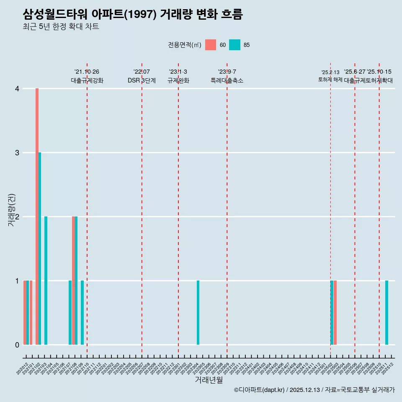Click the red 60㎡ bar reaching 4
pos(37,216)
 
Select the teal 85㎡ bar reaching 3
pos(40,249)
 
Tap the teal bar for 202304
pos(198,313)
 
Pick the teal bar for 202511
pos(387,313)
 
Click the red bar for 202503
pos(335,313)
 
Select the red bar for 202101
pos(31,313)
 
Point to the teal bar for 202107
pos(70,313)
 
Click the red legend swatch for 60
pos(211,45)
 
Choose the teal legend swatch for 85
pos(235,45)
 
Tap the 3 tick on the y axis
pos(17,153)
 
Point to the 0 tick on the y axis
pos(17,345)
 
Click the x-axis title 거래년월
pos(209,380)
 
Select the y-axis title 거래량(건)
pos(11,210)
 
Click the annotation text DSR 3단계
pos(142,80)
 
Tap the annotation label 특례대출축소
pos(227,80)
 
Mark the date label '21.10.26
pos(87,72)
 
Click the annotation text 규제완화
pos(178,80)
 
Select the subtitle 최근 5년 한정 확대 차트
pos(61,27)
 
